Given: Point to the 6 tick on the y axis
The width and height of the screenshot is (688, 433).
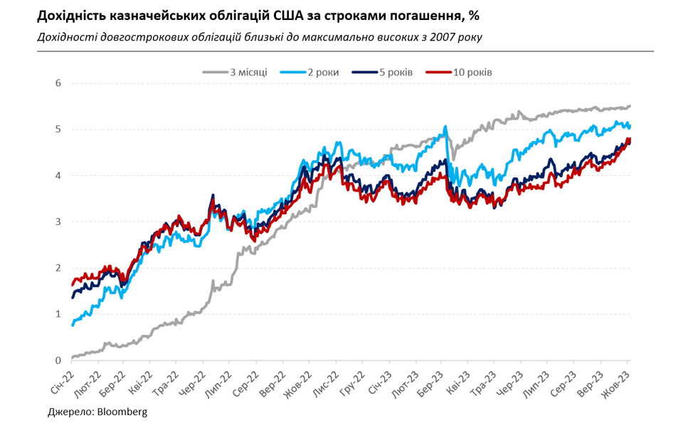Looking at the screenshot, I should pyautogui.click(x=58, y=83).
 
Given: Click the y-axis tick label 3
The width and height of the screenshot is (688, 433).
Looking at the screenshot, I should pyautogui.click(x=58, y=222).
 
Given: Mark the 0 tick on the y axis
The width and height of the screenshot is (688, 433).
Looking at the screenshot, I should pyautogui.click(x=58, y=360).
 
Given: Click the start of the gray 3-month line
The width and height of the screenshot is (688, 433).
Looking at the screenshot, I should pyautogui.click(x=73, y=358).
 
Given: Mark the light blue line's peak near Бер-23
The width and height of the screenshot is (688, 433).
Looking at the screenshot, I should pyautogui.click(x=445, y=127).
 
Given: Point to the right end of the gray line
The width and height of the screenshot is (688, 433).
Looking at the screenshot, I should pyautogui.click(x=630, y=106).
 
